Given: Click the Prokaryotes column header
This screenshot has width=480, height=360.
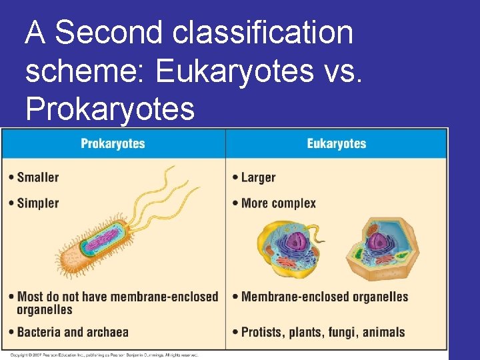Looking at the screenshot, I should [113, 143].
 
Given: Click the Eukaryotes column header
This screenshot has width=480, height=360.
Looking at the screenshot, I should [336, 143].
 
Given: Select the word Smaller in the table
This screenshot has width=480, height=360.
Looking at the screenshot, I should [38, 177].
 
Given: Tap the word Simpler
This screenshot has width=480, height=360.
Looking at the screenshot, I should [38, 203].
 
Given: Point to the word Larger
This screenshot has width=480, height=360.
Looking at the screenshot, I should [258, 177].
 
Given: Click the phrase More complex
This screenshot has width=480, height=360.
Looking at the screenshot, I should [279, 203].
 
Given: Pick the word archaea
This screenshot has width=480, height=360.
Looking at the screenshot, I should [109, 332].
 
